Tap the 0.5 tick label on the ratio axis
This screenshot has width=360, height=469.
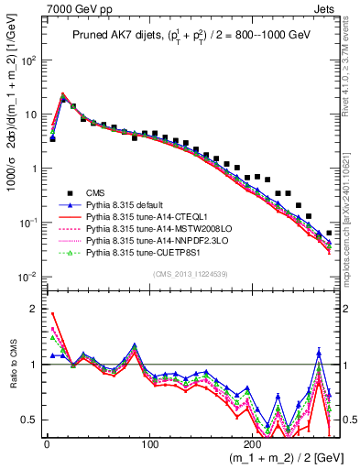31,420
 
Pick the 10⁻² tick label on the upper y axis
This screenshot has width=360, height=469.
27,277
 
